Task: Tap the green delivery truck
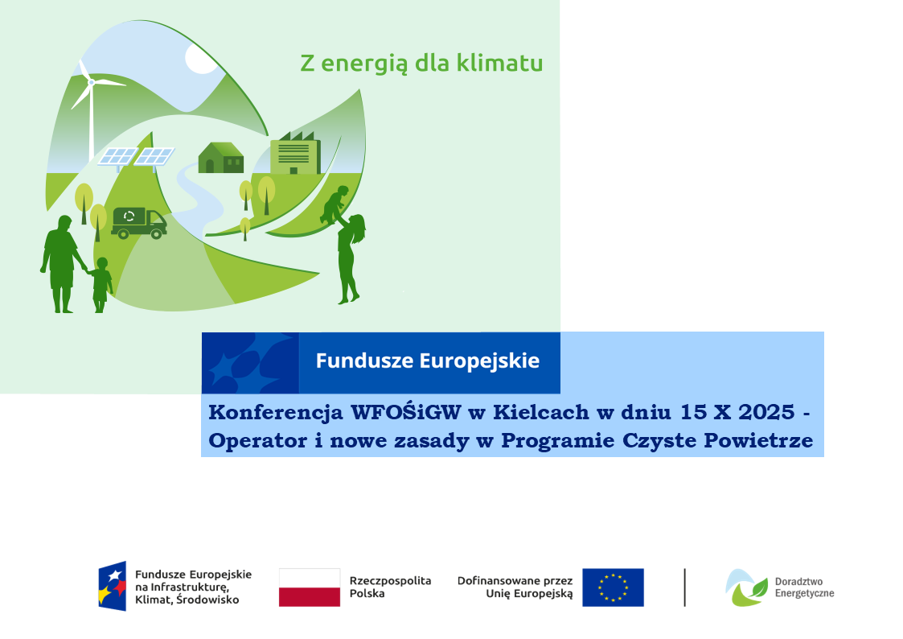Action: [139, 222]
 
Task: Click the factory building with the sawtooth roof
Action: [295, 153]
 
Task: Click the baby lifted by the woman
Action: [335, 204]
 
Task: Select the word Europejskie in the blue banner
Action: [479, 361]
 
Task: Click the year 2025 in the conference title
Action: [766, 412]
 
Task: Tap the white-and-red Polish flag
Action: [310, 587]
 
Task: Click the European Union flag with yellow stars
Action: [613, 587]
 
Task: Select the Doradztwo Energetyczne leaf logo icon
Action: [746, 587]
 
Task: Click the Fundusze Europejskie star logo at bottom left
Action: [113, 586]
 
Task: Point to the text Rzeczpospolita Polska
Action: [390, 587]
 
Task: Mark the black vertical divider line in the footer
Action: [685, 587]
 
